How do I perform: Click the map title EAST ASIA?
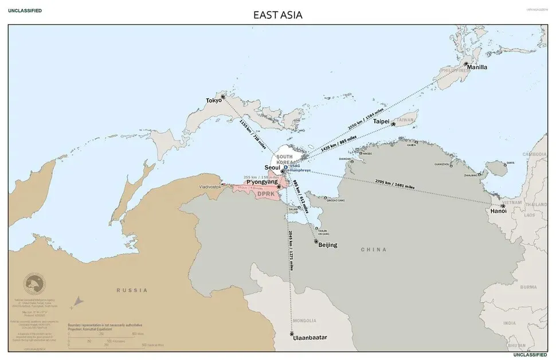[x=277, y=15]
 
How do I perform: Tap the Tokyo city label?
[x=214, y=101]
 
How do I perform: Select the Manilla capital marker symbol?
[x=467, y=64]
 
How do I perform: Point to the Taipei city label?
[x=381, y=122]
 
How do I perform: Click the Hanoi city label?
[x=498, y=211]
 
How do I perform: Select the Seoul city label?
[x=272, y=167]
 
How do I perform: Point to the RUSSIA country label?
[x=132, y=290]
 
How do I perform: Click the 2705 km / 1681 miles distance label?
[x=394, y=183]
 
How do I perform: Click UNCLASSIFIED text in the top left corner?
[x=25, y=11]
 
